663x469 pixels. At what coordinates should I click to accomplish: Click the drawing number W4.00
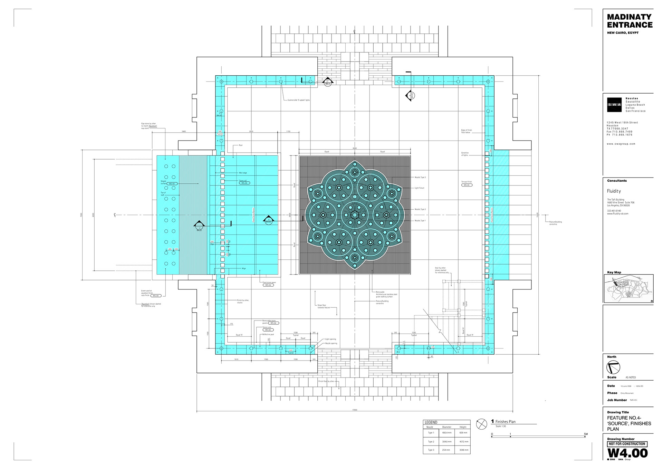[627, 453]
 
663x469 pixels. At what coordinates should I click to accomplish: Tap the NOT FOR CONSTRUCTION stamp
[627, 444]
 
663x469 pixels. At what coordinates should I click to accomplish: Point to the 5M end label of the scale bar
[586, 434]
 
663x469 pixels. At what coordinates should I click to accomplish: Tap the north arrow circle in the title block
[613, 367]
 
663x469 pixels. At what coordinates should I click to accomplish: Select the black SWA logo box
[614, 105]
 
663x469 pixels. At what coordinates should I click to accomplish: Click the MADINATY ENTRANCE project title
[630, 21]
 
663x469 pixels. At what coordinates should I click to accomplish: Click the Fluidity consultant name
[614, 191]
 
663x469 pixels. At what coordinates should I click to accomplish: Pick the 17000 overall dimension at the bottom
[355, 410]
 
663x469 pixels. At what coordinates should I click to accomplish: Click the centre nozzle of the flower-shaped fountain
[355, 215]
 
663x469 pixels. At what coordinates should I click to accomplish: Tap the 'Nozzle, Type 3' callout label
[420, 177]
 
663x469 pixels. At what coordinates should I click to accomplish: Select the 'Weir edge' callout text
[243, 173]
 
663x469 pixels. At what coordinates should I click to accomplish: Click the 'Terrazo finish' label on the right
[467, 182]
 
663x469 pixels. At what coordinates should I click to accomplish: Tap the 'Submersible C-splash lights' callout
[299, 100]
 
